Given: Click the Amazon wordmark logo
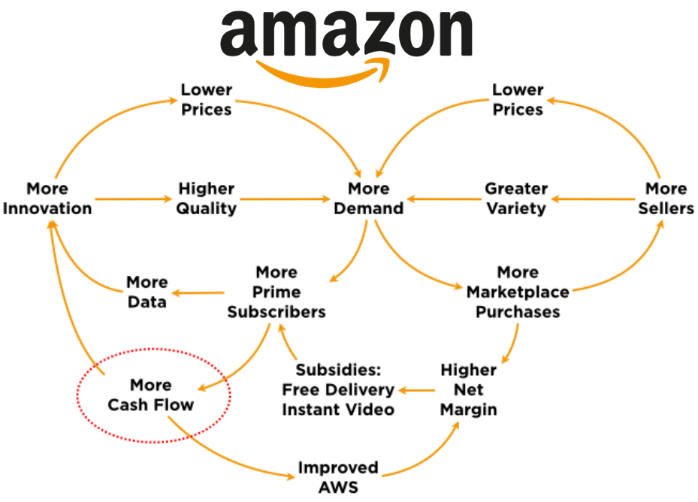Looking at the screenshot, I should click(346, 32).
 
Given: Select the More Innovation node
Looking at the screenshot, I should click(47, 198).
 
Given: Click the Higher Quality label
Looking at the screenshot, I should click(207, 198).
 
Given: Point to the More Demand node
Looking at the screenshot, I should click(368, 198).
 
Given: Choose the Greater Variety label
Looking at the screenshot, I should click(515, 198).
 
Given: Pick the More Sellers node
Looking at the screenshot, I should click(666, 198).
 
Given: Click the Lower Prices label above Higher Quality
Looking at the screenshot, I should click(207, 99).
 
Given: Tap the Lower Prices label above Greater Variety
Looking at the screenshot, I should click(518, 99).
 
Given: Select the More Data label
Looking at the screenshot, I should click(147, 292).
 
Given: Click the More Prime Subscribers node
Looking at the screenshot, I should click(276, 292).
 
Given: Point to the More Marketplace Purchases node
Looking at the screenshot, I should click(518, 292).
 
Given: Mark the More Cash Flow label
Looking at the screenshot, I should click(150, 395).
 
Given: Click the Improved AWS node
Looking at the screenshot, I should click(338, 477).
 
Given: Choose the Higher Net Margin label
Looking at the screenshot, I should click(468, 389).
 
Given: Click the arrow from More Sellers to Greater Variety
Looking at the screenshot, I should click(597, 199).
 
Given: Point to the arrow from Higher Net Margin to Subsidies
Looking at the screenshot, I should click(418, 390).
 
